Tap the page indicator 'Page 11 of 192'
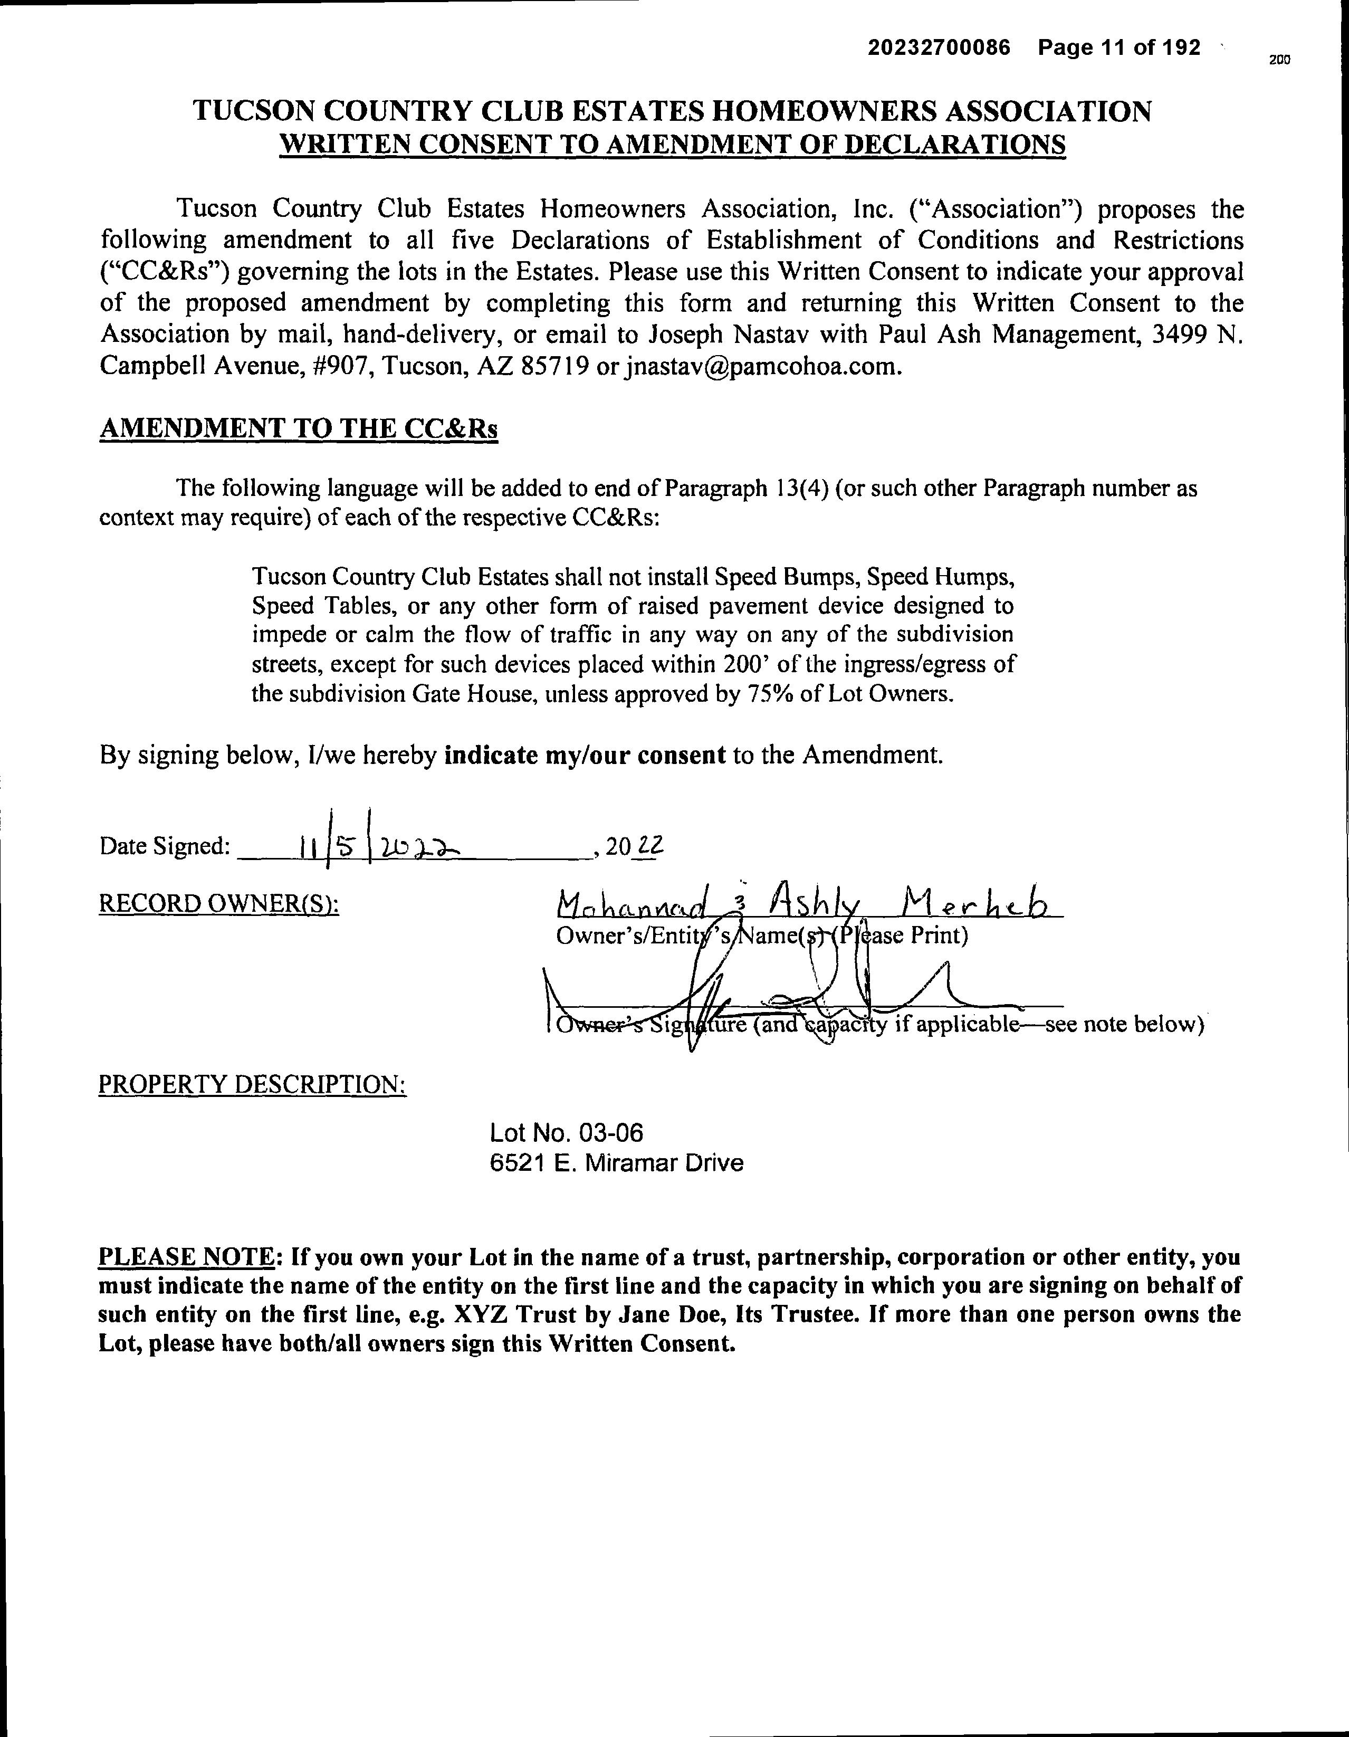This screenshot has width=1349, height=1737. [1119, 49]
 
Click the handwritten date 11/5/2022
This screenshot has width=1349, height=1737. [382, 848]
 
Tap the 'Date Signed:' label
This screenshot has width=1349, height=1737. [165, 846]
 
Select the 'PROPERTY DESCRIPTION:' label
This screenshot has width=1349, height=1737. [252, 1085]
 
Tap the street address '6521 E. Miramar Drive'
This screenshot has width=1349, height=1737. [616, 1163]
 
